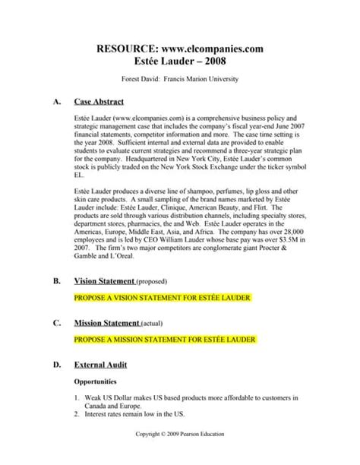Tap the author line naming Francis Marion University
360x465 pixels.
click(179, 78)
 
